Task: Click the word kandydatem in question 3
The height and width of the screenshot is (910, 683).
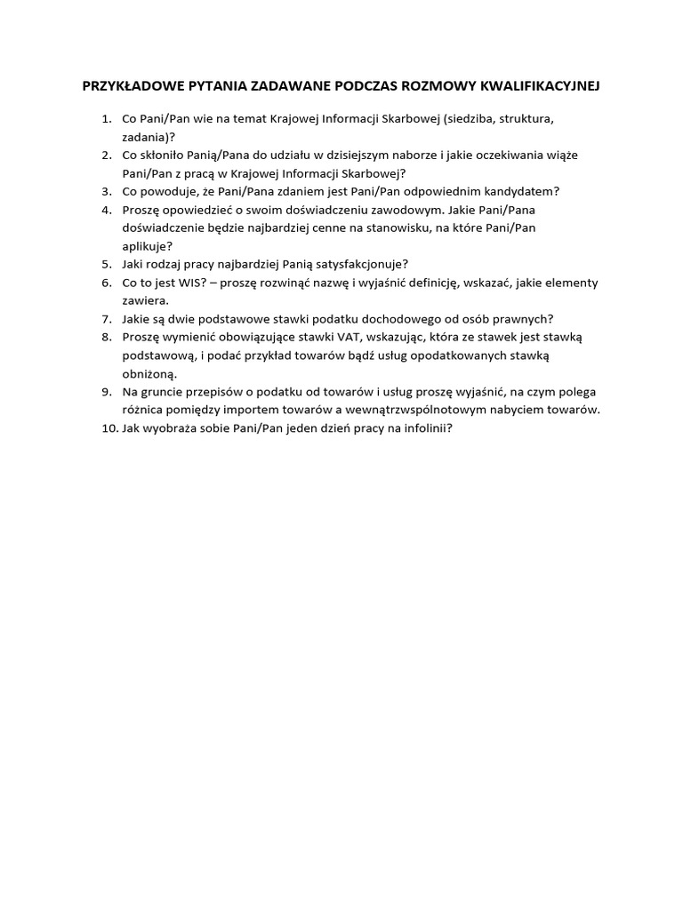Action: pyautogui.click(x=526, y=191)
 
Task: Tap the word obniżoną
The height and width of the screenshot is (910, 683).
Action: pyautogui.click(x=149, y=374)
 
